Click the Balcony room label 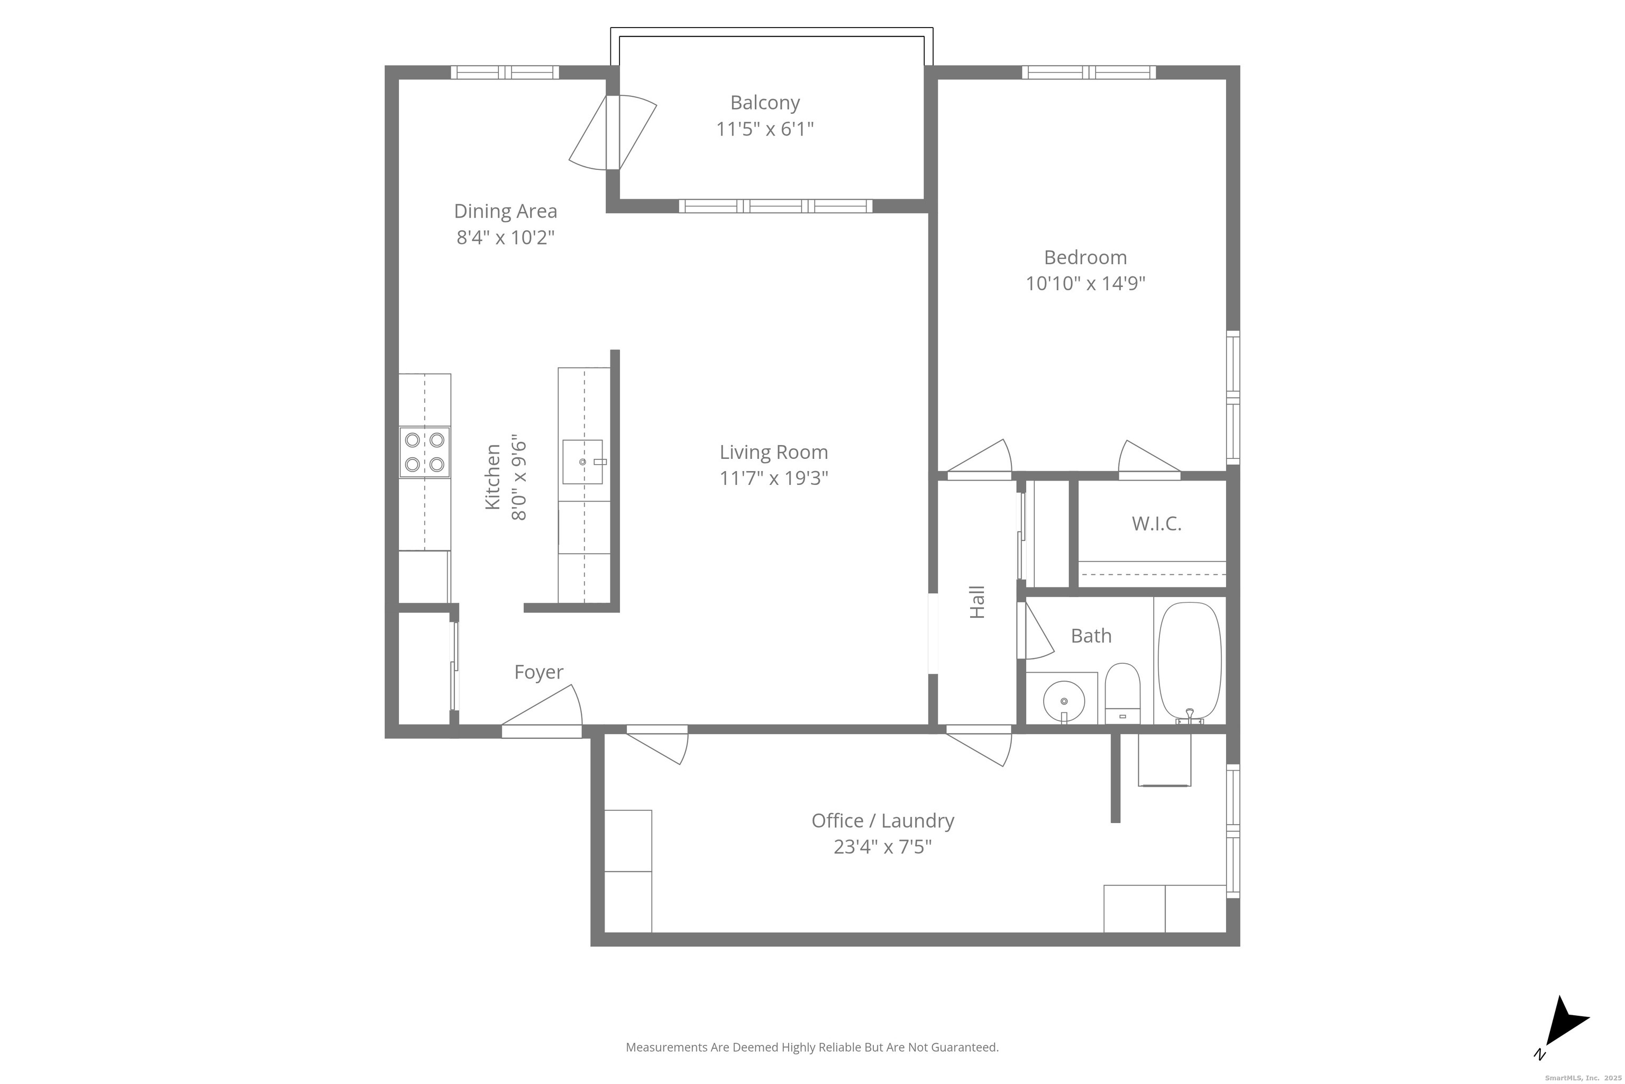[x=765, y=103]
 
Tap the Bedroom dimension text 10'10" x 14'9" [x=1085, y=284]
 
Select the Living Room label [x=774, y=452]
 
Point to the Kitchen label [x=492, y=477]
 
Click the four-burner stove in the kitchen [x=425, y=452]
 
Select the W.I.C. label [x=1156, y=524]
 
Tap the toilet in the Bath [x=1122, y=693]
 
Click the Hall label [x=977, y=602]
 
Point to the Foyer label [x=539, y=673]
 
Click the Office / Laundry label [x=883, y=820]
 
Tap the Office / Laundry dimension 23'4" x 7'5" [x=883, y=847]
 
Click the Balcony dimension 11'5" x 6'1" [x=765, y=129]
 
